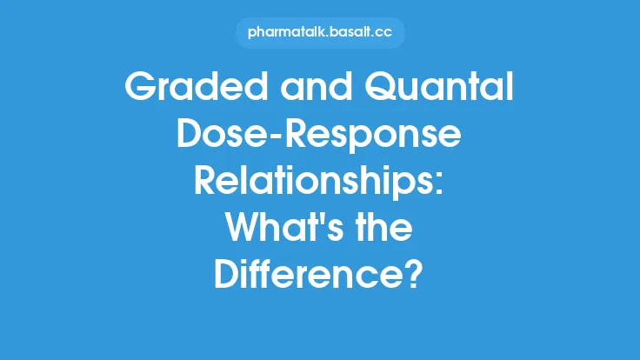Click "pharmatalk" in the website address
click(x=283, y=33)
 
